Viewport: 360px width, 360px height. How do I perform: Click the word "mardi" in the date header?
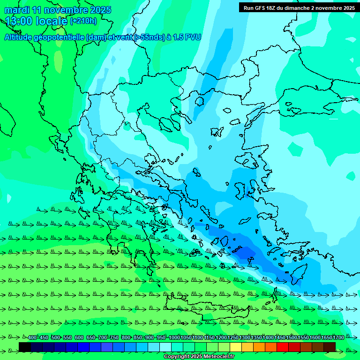click(x=17, y=10)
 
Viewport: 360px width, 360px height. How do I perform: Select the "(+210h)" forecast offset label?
click(x=83, y=21)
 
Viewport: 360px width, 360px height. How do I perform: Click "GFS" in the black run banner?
click(x=263, y=8)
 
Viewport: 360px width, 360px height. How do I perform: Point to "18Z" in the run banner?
click(x=277, y=8)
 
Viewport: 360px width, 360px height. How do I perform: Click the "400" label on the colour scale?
click(x=32, y=337)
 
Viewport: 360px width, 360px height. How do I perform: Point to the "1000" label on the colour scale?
click(x=174, y=337)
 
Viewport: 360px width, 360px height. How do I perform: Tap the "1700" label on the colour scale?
click(x=338, y=337)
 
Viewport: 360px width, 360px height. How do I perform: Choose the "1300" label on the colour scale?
click(x=245, y=337)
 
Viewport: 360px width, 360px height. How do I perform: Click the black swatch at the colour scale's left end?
click(x=24, y=347)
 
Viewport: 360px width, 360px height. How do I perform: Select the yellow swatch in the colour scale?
click(x=235, y=347)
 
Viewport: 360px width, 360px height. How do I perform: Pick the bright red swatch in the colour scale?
click(x=282, y=347)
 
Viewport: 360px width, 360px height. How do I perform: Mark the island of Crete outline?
click(x=206, y=309)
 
